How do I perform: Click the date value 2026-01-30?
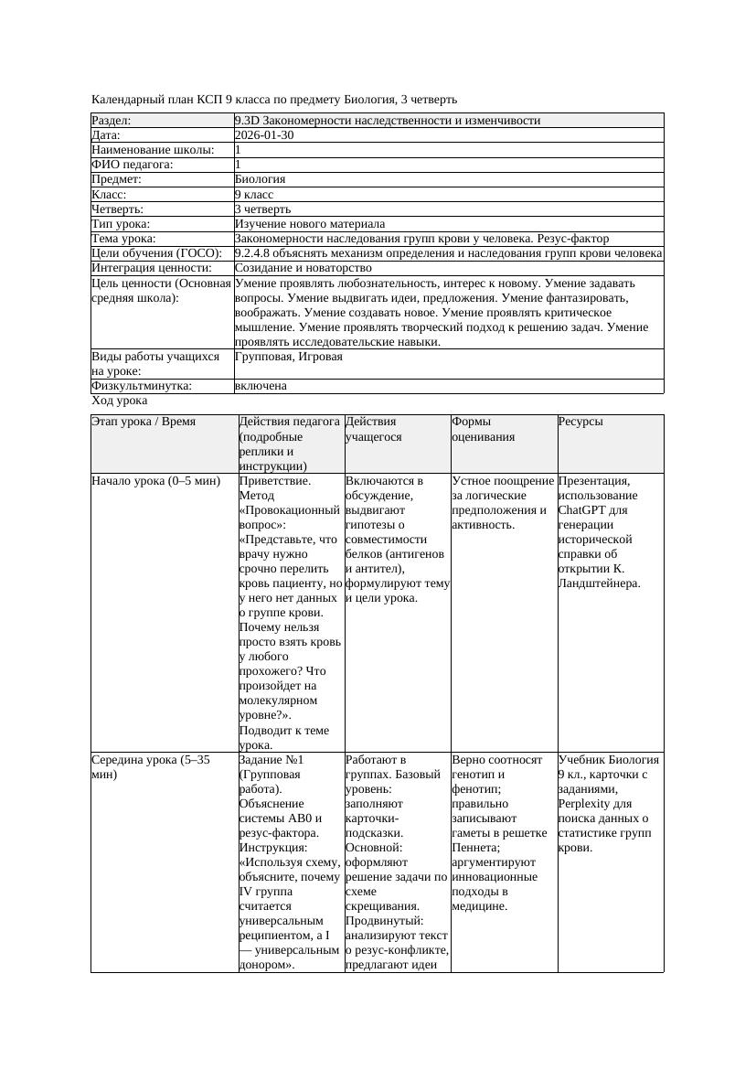pos(264,135)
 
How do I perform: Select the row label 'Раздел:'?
pos(112,121)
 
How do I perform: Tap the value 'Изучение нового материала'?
pos(309,224)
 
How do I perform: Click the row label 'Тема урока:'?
pos(124,239)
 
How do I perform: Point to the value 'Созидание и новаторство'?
pos(303,268)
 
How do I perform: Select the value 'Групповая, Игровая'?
pos(288,357)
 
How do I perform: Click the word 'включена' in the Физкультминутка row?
pos(261,386)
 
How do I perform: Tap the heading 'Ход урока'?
pos(120,401)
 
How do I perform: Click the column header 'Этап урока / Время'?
pos(144,423)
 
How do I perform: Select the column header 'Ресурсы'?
pos(580,423)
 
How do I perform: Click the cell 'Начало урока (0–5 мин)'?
pos(156,481)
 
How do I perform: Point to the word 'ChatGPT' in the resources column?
pos(581,510)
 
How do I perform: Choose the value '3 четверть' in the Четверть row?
pos(262,209)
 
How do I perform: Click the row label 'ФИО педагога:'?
pos(133,165)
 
